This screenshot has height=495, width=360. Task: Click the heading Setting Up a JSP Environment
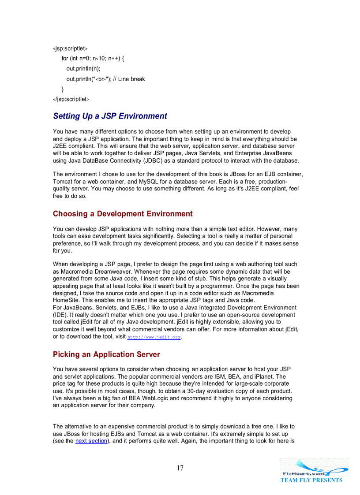coord(110,116)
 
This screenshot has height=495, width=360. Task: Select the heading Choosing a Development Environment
coord(123,214)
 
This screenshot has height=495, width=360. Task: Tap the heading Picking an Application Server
coord(106,354)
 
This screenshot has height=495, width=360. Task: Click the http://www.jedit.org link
coord(154,337)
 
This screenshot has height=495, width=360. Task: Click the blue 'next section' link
coord(91,441)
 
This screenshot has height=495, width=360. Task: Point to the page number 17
coord(180,468)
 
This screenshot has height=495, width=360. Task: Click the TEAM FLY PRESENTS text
coord(311,480)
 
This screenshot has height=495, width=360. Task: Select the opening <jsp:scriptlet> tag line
coord(70,48)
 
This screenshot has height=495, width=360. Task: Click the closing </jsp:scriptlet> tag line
coord(71,100)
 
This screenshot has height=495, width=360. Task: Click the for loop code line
coord(93,59)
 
